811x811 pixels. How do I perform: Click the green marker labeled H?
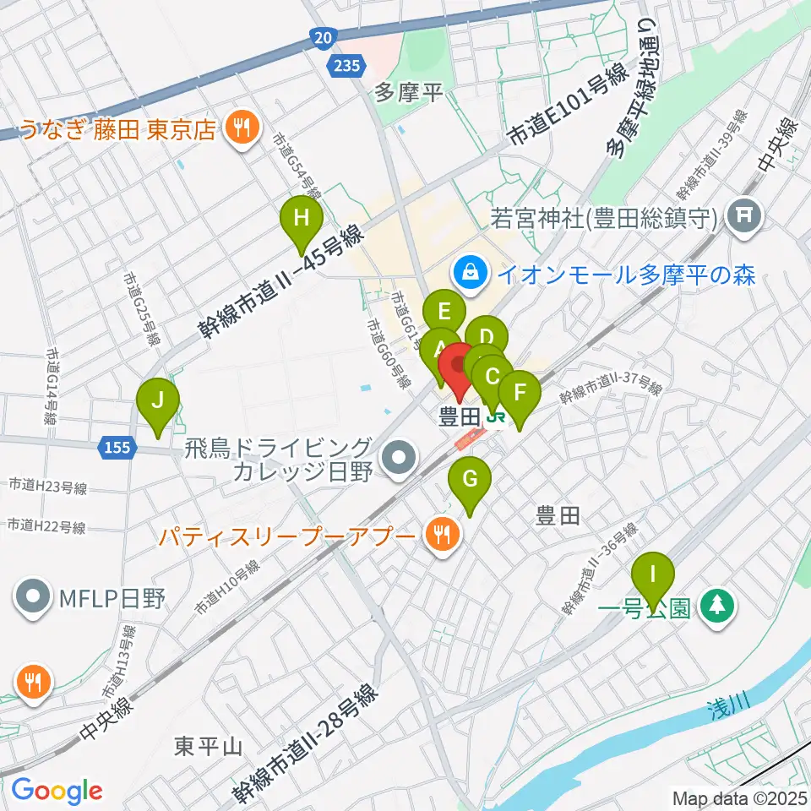[302, 220]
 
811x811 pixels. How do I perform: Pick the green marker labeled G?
[471, 481]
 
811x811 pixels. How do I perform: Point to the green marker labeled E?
[444, 312]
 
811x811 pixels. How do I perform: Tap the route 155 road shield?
[117, 446]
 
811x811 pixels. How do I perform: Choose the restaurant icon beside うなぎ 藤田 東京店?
[241, 128]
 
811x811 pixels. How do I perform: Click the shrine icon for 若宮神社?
[745, 217]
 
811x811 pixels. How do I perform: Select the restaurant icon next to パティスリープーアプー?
[441, 534]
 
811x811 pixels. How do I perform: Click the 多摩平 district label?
[409, 92]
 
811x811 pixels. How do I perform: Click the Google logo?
[56, 790]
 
